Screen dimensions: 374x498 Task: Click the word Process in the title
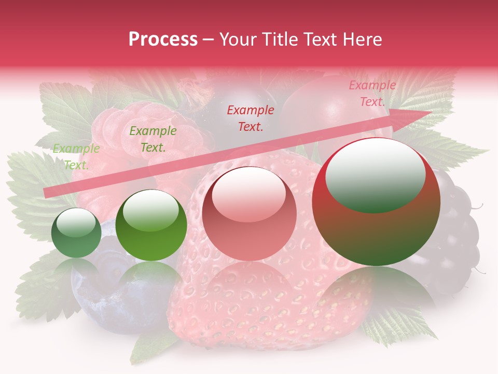pyautogui.click(x=163, y=39)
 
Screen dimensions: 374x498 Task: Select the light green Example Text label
pyautogui.click(x=76, y=157)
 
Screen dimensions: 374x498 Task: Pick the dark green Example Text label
pyautogui.click(x=153, y=139)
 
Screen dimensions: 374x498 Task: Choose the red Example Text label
pyautogui.click(x=251, y=118)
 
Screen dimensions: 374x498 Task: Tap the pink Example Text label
pyautogui.click(x=372, y=94)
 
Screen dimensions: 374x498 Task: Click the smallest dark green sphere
pyautogui.click(x=76, y=233)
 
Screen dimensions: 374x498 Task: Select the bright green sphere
pyautogui.click(x=151, y=225)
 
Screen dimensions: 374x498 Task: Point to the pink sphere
pyautogui.click(x=249, y=214)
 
